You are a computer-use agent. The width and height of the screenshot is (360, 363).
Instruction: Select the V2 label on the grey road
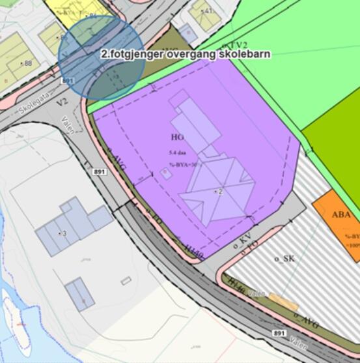(62, 102)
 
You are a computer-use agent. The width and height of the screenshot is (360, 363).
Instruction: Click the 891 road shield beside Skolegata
(67, 80)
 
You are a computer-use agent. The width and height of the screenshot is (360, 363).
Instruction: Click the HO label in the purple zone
(177, 138)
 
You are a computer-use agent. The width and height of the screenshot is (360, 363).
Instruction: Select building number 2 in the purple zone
(220, 192)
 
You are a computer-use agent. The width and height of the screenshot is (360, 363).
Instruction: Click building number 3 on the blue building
(63, 233)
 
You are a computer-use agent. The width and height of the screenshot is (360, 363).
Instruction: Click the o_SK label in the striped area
(284, 258)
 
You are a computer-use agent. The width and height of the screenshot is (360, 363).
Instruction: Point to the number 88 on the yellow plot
(27, 63)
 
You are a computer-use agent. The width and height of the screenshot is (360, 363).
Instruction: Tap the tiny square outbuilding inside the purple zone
(167, 173)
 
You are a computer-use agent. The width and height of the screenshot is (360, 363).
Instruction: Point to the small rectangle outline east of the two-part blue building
(126, 281)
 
